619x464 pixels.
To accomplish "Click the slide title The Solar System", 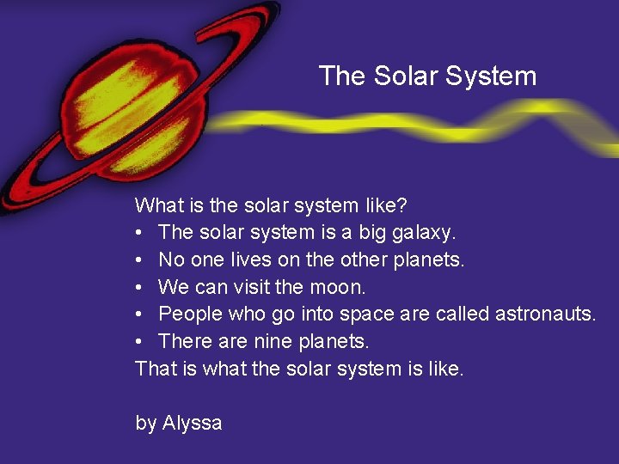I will click(x=427, y=76).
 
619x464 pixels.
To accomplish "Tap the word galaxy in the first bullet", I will click(x=427, y=233).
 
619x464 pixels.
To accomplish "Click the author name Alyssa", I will click(x=193, y=423).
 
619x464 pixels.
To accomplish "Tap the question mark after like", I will click(x=402, y=206).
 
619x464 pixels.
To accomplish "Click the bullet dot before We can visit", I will click(x=140, y=287).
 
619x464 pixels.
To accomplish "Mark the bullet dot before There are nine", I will click(x=140, y=341).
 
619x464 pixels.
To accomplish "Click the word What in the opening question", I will click(x=156, y=206).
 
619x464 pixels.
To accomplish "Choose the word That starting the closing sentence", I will click(x=155, y=369).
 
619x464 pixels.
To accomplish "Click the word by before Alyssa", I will click(x=146, y=423).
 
